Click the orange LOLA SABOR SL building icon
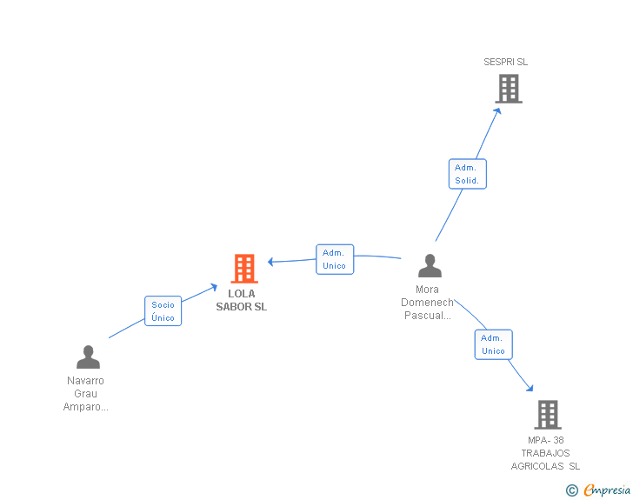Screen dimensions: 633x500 pos(244,269)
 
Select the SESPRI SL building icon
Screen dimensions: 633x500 pos(509,89)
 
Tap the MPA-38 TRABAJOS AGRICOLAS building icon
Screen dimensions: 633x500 pos(548,415)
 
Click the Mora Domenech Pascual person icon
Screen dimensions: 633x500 pos(430,266)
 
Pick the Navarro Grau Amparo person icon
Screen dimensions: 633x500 pos(88,357)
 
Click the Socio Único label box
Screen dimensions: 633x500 pos(163,311)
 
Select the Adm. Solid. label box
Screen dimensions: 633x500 pos(468,174)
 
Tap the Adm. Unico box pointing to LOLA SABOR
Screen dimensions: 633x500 pos(335,259)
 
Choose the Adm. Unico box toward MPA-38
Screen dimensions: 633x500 pos(493,344)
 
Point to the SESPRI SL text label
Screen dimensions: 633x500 pos(505,62)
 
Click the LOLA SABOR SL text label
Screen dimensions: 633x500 pos(242,300)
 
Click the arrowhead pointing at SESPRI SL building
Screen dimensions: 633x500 pos(498,110)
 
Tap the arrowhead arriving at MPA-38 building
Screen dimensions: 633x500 pos(530,388)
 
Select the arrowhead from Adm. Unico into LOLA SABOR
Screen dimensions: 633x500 pos(271,262)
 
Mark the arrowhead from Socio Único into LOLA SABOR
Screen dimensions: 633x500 pos(214,287)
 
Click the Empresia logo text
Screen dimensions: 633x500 pos(607,490)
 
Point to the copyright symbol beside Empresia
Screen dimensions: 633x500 pos(571,490)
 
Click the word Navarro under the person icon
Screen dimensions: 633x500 pos(85,381)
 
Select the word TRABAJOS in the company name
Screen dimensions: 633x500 pos(545,453)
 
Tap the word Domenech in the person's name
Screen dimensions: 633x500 pos(427,302)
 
